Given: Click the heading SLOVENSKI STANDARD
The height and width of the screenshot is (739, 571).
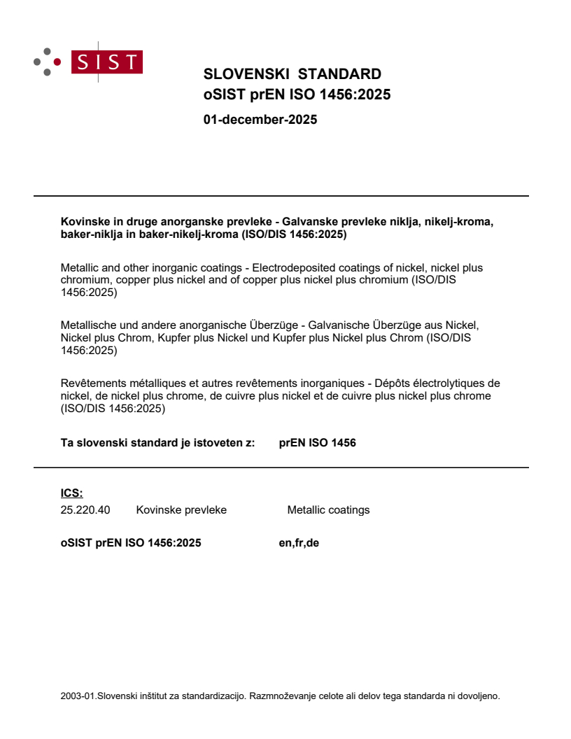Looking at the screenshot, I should (292, 74).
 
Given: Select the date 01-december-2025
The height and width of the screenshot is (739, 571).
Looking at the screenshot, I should (260, 120).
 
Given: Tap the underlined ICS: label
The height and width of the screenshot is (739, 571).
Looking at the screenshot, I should (71, 493).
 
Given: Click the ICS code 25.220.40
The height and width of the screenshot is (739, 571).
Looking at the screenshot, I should (85, 510).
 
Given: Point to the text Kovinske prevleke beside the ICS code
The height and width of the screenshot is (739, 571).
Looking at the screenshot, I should (181, 510).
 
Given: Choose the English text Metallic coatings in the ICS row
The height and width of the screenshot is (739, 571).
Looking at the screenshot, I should (328, 510).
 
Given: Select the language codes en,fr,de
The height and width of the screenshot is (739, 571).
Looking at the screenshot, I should (299, 542).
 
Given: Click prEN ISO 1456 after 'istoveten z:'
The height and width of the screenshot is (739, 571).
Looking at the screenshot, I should (317, 443).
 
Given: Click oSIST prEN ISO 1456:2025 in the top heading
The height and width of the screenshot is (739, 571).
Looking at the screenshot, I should (297, 94).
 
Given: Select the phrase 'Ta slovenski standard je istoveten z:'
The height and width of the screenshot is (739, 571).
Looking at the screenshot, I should (158, 443).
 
